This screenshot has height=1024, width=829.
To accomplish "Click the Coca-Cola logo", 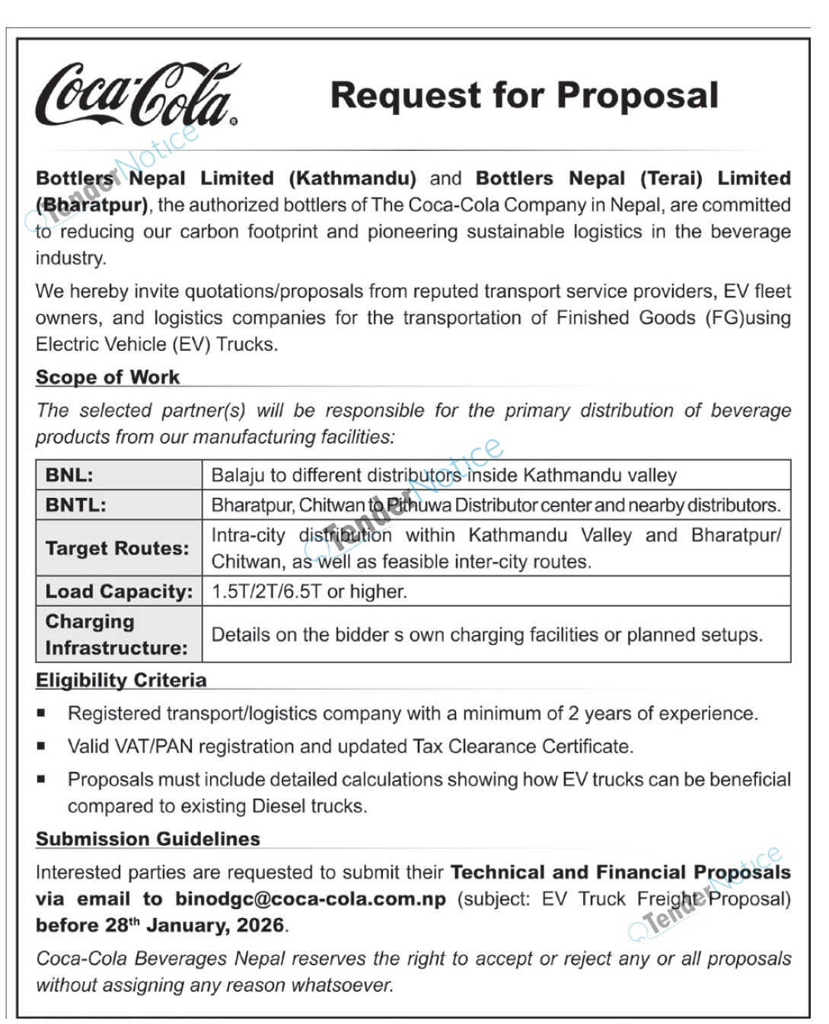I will point(137,96).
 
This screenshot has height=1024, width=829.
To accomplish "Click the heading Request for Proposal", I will point(524,96).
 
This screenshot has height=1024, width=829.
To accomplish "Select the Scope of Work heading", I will point(107,377).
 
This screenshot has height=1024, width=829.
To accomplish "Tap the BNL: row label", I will point(69,475).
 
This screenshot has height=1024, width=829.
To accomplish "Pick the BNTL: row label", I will point(75,505).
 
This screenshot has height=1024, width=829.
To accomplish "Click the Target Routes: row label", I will point(117,548).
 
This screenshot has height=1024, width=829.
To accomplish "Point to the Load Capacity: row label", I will point(119,592).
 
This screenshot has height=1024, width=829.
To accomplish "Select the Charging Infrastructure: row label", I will point(116,634).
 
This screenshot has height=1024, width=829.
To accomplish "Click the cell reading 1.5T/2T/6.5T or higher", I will point(309,592).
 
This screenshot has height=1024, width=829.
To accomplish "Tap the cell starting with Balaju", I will point(444,475).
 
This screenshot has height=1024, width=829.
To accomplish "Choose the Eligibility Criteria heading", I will point(121,680).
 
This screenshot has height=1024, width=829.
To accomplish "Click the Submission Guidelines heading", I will point(148,838).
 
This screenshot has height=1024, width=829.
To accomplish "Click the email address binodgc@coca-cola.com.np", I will point(311,898).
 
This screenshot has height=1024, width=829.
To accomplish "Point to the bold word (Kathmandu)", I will point(352,178).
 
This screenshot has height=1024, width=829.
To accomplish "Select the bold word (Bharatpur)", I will point(92,205).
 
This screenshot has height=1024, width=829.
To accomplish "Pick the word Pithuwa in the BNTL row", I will point(419,505).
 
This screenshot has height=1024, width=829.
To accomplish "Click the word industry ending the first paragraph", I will point(70,258).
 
